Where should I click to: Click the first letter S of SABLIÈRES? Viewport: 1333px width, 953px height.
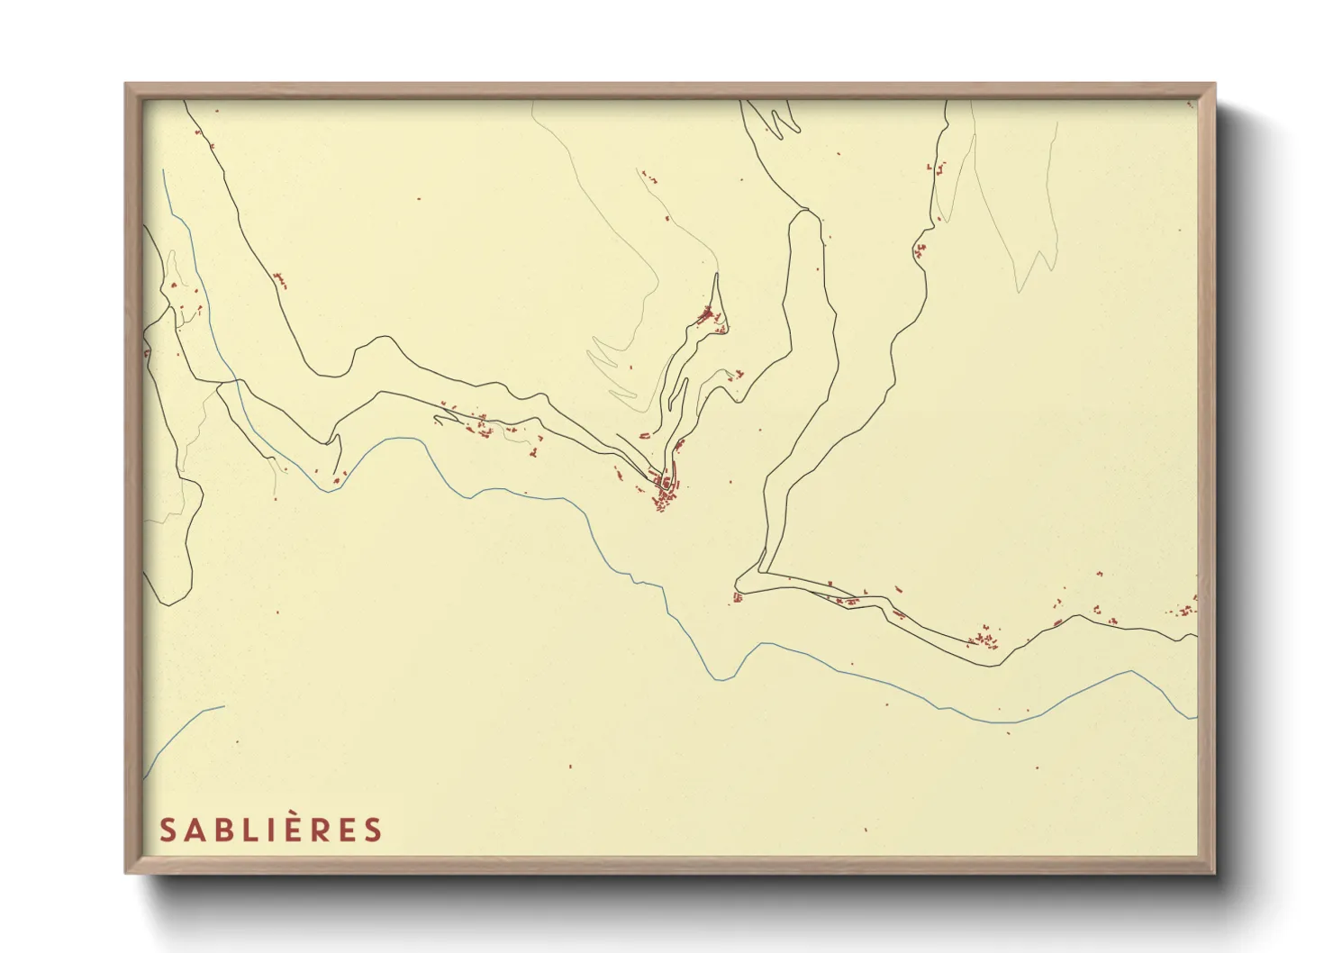167,830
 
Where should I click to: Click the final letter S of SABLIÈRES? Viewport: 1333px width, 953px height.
374,830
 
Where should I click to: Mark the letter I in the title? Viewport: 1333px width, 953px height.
268,830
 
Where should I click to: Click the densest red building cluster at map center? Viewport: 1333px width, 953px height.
665,494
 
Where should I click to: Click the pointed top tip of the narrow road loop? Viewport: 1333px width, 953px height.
717,275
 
